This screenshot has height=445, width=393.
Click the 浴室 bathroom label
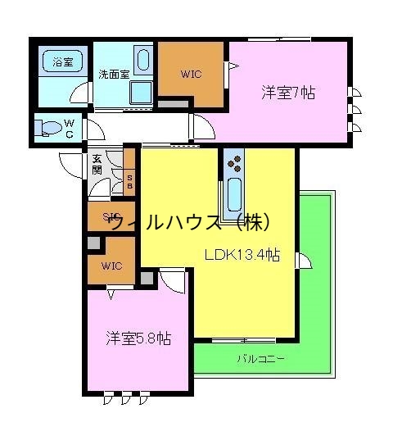[62, 62]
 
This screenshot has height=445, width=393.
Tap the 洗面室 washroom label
[114, 74]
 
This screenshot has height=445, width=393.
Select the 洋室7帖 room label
[288, 92]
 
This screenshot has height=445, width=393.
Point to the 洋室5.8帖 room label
[138, 337]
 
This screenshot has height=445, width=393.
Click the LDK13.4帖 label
[242, 255]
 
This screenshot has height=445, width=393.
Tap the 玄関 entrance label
[97, 165]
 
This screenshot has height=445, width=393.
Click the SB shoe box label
[129, 181]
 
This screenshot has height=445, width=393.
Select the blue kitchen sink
[235, 197]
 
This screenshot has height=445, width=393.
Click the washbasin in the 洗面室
[142, 61]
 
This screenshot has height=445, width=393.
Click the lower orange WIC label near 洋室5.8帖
[111, 265]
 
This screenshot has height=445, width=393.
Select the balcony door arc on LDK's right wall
[303, 261]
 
